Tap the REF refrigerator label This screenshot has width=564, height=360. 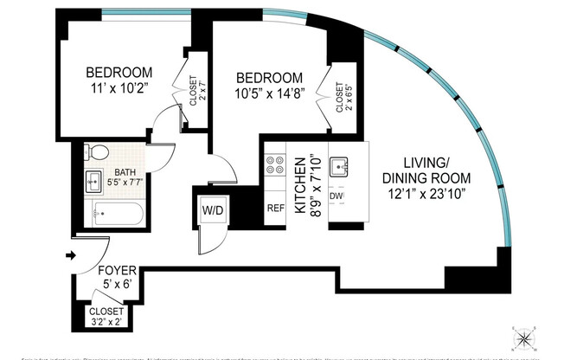tap(276, 208)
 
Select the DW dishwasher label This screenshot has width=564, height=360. tap(337, 196)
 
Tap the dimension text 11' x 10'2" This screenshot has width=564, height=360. tap(118, 87)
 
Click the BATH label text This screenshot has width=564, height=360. tap(124, 171)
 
